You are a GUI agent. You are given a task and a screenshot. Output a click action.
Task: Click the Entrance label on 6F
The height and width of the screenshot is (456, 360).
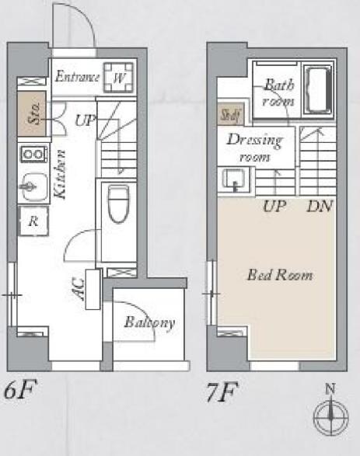click(x=77, y=76)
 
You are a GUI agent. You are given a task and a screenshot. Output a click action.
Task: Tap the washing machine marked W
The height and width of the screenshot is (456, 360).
click(x=119, y=78)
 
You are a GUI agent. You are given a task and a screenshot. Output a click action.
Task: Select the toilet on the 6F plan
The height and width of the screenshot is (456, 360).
click(x=118, y=204)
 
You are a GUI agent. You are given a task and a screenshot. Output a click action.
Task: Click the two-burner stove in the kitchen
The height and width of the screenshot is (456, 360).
click(x=34, y=154)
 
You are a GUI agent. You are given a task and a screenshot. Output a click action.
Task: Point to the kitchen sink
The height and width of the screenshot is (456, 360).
click(x=33, y=187)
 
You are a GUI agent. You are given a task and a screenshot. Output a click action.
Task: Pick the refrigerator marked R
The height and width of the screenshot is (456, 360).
click(x=33, y=221)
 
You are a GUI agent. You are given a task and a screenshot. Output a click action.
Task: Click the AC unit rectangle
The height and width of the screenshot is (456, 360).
click(x=93, y=289)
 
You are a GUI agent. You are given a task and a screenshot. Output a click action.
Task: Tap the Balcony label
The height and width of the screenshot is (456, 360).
click(x=149, y=322)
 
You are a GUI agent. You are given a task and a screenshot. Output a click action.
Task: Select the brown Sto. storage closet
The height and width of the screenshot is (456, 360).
click(x=32, y=113)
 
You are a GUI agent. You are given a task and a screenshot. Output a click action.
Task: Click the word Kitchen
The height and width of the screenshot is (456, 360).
click(x=61, y=174)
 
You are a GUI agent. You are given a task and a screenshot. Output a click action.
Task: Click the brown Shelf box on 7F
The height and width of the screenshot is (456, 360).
click(x=231, y=114)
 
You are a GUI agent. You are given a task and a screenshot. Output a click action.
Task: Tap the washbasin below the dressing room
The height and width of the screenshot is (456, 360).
click(x=234, y=180)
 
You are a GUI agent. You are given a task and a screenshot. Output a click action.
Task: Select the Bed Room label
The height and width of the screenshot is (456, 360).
click(x=280, y=275)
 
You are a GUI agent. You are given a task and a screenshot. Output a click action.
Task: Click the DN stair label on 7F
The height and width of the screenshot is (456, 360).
click(x=320, y=206)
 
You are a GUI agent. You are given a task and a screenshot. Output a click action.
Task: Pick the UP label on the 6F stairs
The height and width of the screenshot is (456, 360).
click(x=86, y=120)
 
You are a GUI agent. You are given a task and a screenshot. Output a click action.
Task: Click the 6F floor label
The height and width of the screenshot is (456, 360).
click(x=19, y=389)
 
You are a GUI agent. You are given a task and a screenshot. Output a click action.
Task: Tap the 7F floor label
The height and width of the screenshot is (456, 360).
click(x=222, y=392)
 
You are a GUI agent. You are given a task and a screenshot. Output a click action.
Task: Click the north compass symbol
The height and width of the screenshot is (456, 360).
click(x=330, y=413)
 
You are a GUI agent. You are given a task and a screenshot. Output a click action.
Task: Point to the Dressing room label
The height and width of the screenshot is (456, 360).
click(x=255, y=148)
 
